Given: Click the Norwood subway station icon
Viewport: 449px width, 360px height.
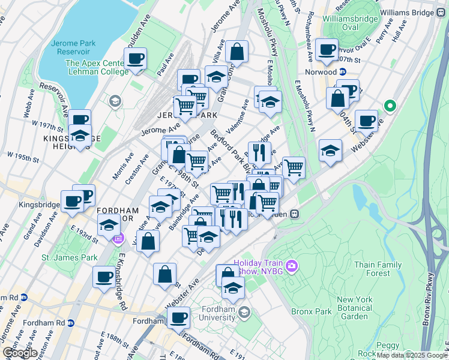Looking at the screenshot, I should [342, 72].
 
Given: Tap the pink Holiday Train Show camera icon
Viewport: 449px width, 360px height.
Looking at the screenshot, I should [292, 265].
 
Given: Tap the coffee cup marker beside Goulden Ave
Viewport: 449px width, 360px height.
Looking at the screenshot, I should [135, 59].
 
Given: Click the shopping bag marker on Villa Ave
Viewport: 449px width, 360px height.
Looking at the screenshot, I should [237, 52].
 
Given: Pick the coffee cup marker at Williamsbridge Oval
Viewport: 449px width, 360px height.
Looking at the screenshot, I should [327, 50].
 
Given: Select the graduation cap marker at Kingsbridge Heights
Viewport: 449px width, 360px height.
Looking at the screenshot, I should [80, 136].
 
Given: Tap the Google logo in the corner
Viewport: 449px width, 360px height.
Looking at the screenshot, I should [19, 353].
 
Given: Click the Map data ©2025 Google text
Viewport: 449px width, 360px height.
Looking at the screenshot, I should [411, 355].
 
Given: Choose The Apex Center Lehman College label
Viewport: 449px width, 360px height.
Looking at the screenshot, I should [97, 67].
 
